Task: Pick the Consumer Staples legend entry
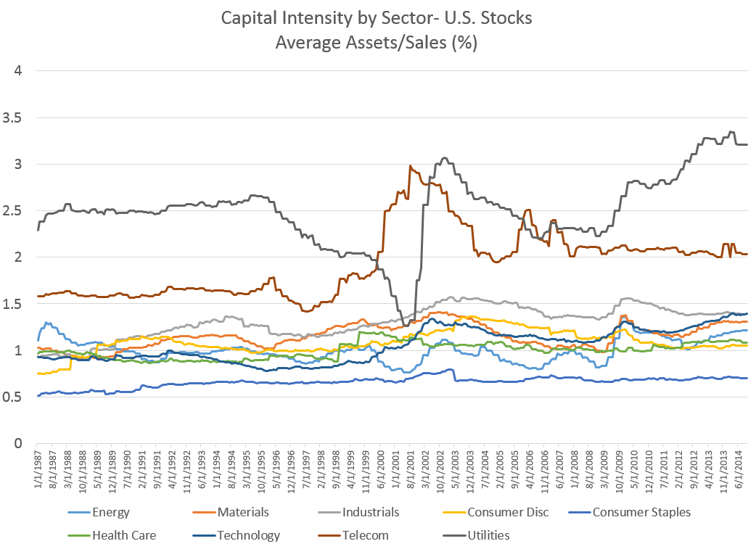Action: pos(641,512)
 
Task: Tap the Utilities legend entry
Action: pos(488,535)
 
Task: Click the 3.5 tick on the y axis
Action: pos(15,117)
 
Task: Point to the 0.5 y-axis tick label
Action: pos(15,397)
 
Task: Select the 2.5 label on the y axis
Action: pos(15,211)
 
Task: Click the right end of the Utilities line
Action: pos(747,144)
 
